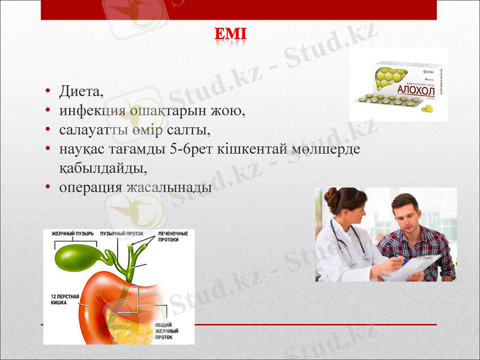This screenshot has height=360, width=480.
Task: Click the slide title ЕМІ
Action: pos(230,35)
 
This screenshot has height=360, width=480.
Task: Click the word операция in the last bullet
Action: pos(91,187)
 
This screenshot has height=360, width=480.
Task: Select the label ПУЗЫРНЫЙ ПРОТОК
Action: pos(125,233)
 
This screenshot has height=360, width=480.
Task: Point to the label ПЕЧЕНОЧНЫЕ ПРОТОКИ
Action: pos(173,236)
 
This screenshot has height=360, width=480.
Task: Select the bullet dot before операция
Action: pos(47,187)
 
